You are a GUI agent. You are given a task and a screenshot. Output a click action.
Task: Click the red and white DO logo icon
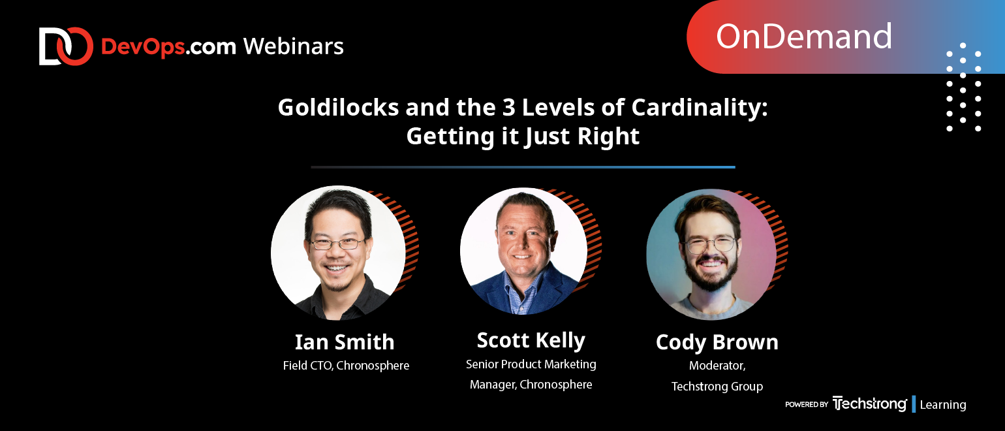pos(66,46)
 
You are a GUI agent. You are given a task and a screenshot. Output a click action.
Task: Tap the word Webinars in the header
pos(294,47)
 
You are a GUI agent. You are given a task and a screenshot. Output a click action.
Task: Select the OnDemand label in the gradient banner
pos(803,37)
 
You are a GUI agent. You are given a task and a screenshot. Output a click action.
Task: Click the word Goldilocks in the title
pos(338,108)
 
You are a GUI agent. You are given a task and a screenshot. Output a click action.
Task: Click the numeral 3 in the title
pos(509,108)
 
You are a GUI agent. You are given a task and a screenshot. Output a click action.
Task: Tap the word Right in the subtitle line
pos(608,136)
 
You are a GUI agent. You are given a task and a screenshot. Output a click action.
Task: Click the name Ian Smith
pos(345,342)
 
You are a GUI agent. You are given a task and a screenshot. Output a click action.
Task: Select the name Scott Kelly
pos(531,341)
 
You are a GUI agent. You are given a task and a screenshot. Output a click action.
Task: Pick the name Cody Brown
pos(717,343)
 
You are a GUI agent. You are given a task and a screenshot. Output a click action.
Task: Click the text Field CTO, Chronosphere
pos(346,366)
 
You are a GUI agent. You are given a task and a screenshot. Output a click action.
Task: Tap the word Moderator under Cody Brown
pos(716,366)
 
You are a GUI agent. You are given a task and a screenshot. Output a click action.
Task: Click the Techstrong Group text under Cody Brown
pos(717,387)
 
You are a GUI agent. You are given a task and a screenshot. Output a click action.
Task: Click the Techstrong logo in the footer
pos(869,404)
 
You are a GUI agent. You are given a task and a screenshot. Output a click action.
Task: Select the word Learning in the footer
pos(942,405)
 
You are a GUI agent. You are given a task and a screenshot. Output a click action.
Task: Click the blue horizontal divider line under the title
pos(523,167)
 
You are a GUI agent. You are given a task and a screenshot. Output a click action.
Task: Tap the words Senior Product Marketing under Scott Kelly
pos(531,364)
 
